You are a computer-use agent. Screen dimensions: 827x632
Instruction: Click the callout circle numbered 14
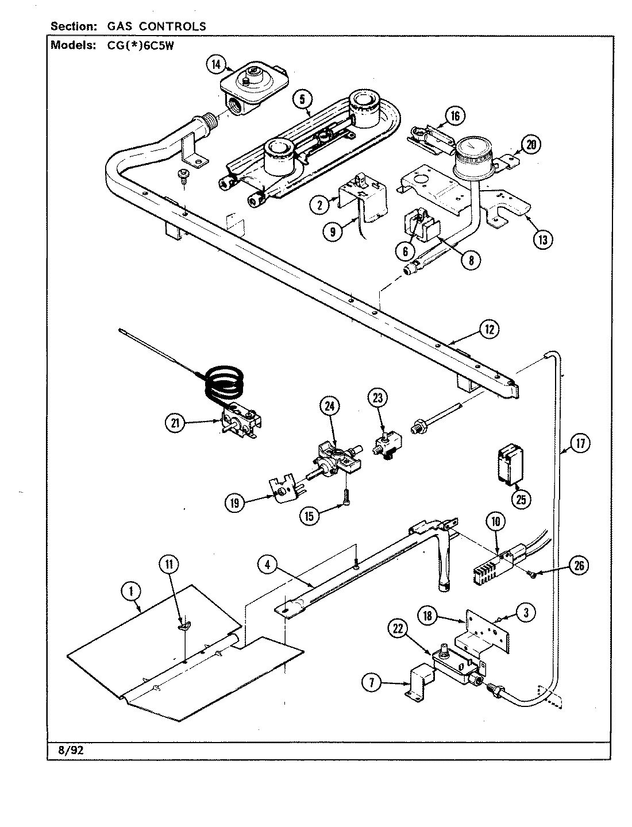pos(215,65)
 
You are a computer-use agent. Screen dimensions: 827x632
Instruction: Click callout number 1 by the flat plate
pos(132,590)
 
